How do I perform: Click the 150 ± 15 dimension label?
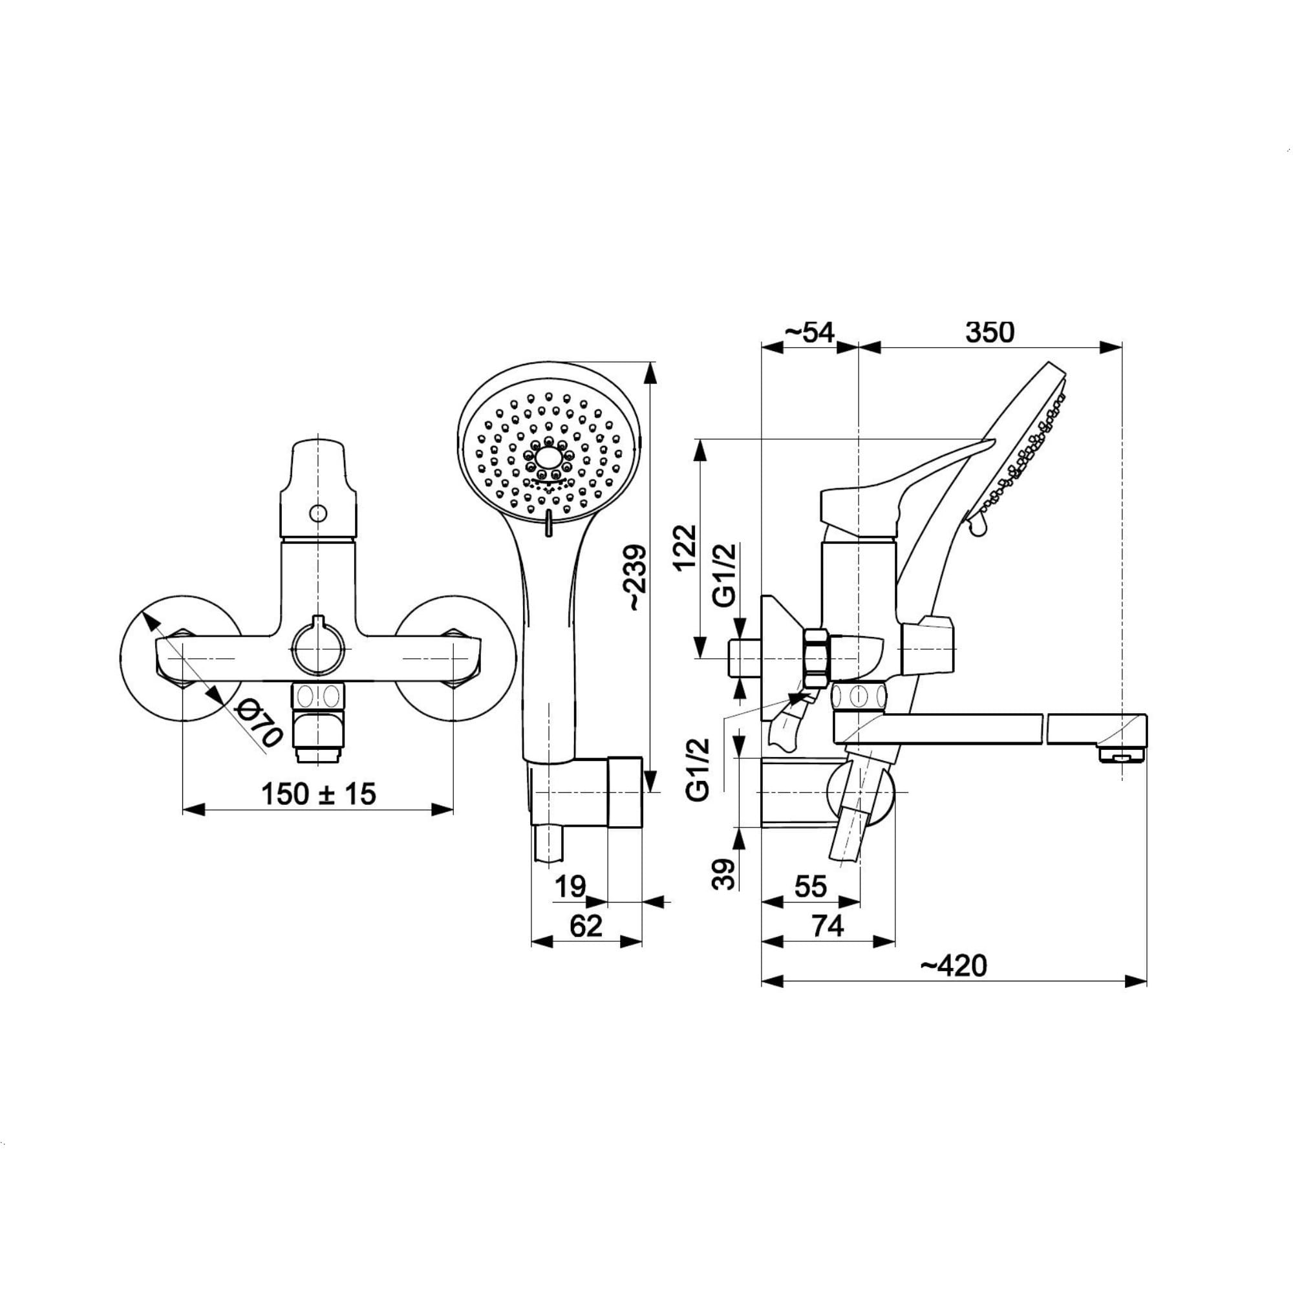coord(319,795)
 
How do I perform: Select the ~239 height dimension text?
coord(635,577)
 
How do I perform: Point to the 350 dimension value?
coord(990,332)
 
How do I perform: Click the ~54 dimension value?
coord(809,332)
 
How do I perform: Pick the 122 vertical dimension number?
coord(685,547)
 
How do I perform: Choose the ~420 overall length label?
coord(954,966)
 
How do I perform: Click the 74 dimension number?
coord(828,926)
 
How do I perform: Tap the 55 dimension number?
coord(811,887)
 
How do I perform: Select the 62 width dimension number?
coord(586,926)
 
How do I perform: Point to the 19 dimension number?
coord(570,887)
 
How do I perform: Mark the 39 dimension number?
coord(723,874)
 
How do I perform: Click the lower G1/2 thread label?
coord(698,769)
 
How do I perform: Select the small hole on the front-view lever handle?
coord(318,513)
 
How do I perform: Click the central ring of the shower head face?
coord(550,458)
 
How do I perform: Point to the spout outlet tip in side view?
coord(1122,757)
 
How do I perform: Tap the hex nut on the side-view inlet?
coord(817,658)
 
